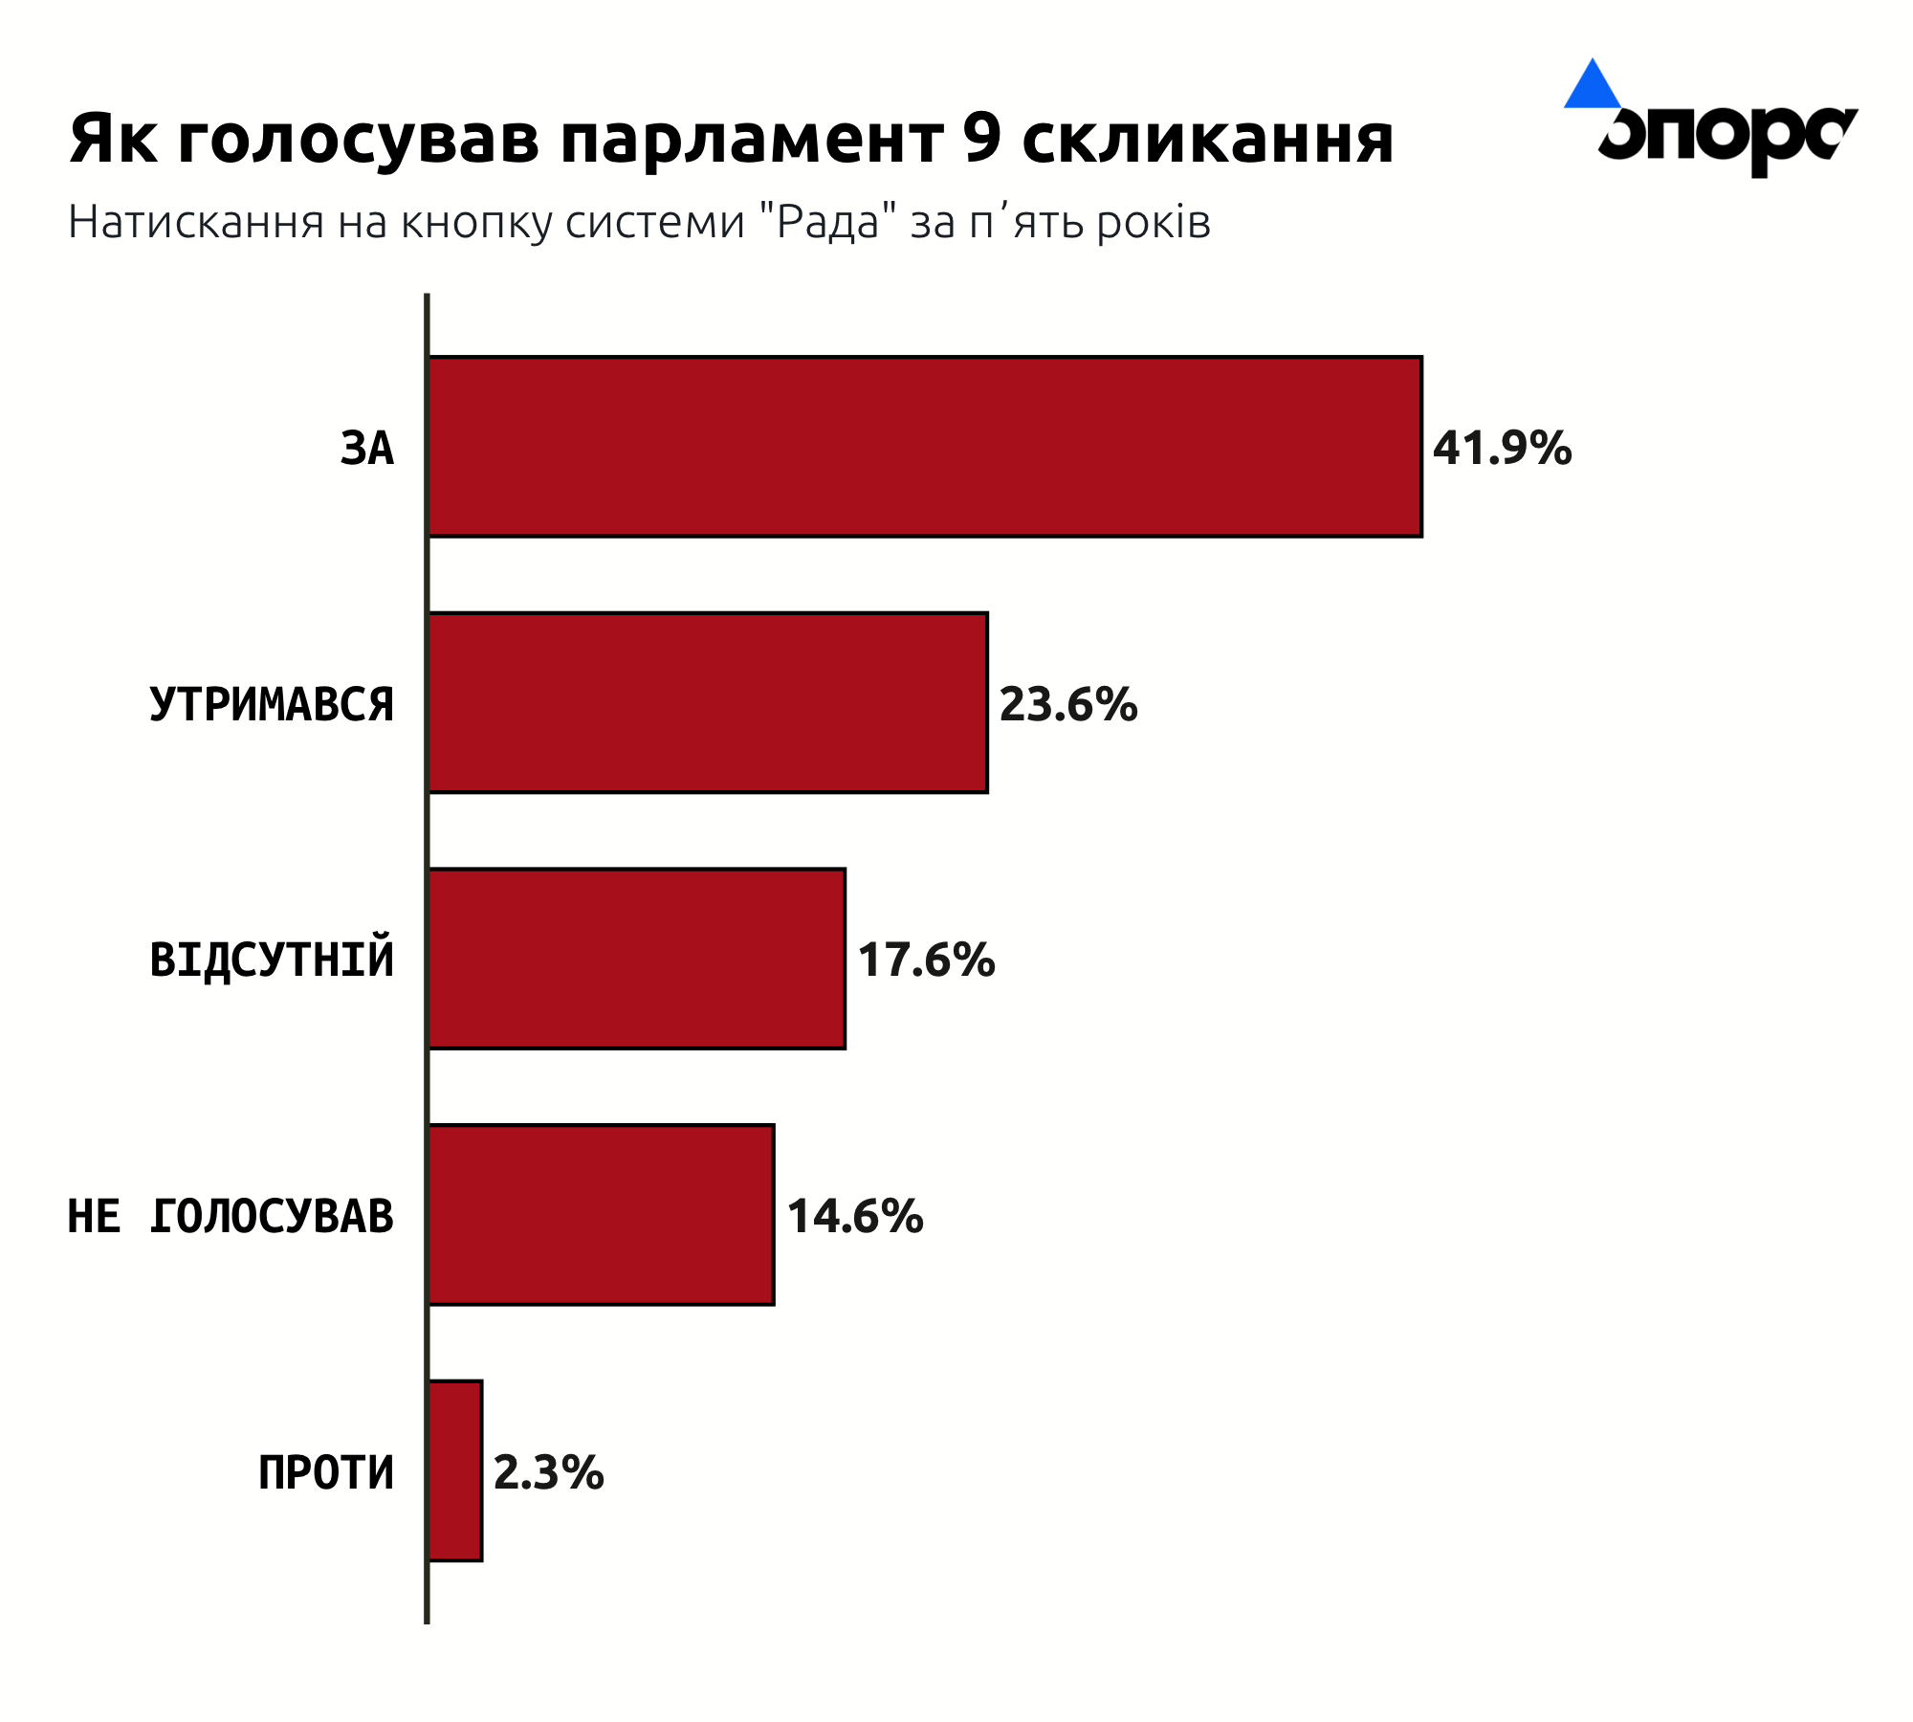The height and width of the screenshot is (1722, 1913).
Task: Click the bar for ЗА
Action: point(925,447)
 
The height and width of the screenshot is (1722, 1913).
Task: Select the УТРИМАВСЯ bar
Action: point(708,703)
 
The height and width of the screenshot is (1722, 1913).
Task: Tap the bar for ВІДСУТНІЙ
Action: point(637,959)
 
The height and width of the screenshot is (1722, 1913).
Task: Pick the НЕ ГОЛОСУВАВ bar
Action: point(601,1215)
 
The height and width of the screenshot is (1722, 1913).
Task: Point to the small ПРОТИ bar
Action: point(455,1471)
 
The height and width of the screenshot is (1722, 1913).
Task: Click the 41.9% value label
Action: point(1502,448)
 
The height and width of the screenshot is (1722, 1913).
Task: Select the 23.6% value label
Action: point(1068,704)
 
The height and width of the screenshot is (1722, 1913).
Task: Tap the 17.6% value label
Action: point(926,960)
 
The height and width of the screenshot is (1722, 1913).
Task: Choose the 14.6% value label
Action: point(855,1216)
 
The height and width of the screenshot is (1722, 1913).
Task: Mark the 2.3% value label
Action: point(548,1472)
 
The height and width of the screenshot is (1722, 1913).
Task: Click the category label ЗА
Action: point(367,449)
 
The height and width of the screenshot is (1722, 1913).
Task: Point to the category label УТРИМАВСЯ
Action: point(272,705)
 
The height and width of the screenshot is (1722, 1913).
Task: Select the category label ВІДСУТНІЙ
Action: point(272,960)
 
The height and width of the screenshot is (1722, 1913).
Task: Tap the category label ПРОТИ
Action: point(326,1472)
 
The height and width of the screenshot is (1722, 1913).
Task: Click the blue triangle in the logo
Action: point(1592,86)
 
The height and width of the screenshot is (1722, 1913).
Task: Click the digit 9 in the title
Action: point(982,139)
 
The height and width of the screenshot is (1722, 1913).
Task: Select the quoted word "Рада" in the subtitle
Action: point(827,222)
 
